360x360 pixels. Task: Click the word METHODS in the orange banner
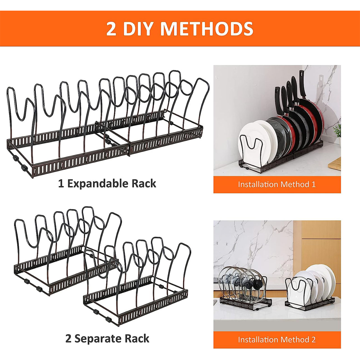point(207,29)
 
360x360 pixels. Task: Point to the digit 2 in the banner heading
point(111,29)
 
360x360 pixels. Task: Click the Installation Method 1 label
point(277,184)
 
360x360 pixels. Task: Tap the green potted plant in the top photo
point(338,130)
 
